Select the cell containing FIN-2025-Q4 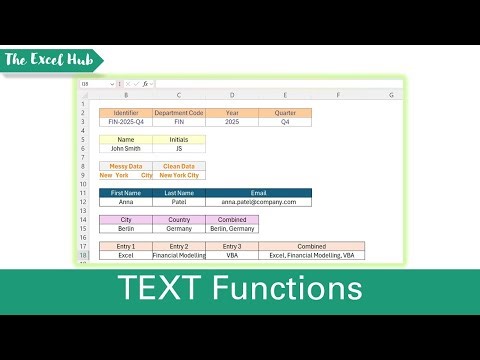pos(126,122)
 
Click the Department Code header pos(180,113)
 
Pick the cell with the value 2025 pos(232,122)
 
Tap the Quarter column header pos(285,113)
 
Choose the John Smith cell pos(126,149)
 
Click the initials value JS pos(180,149)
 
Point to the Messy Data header pos(126,166)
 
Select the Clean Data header pos(180,166)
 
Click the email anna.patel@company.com pos(259,202)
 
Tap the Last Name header pos(180,192)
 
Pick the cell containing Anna pos(126,202)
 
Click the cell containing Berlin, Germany pos(232,229)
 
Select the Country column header pos(180,219)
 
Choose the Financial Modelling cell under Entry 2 pos(180,255)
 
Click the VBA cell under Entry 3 pos(232,255)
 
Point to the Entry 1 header pos(126,246)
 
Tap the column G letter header pos(390,96)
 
